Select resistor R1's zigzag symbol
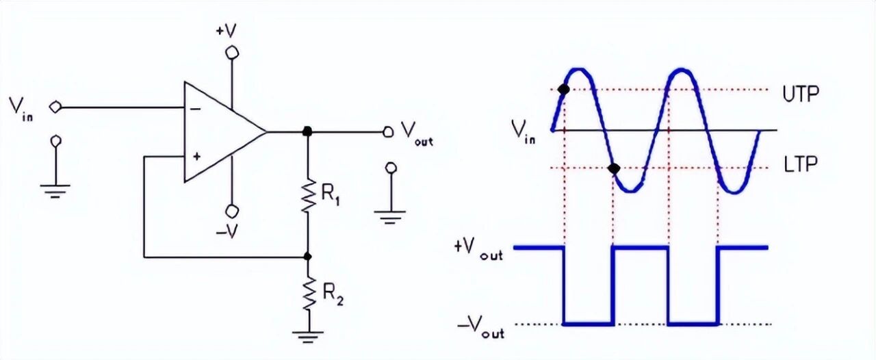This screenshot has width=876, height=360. [308, 195]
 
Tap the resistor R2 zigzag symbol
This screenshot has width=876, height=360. [308, 292]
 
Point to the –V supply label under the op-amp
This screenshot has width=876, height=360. [227, 232]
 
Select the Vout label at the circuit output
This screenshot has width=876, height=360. [416, 131]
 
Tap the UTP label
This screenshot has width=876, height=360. [800, 94]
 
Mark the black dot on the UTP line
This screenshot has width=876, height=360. [563, 89]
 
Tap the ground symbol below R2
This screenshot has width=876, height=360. [308, 335]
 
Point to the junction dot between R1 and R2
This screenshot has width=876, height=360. [308, 257]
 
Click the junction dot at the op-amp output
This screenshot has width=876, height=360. [308, 131]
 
